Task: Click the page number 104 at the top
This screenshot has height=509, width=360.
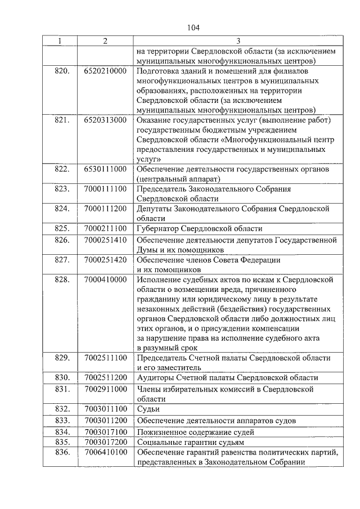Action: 193,27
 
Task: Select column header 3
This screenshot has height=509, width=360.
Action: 237,41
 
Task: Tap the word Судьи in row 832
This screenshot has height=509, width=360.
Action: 147,409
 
